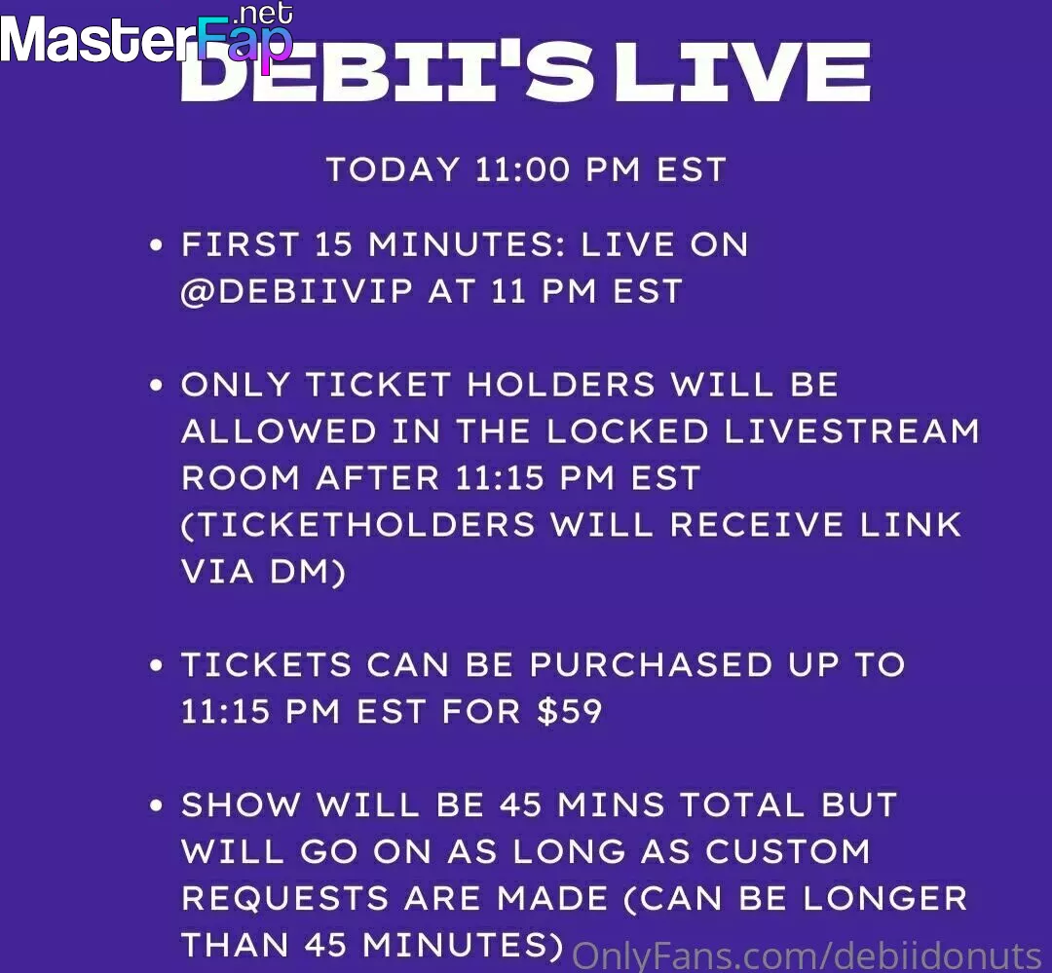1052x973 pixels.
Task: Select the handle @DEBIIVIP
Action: click(x=296, y=292)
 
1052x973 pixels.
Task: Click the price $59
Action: click(x=569, y=711)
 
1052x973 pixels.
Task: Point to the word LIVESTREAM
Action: click(x=851, y=430)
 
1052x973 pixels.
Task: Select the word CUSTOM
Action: click(x=788, y=851)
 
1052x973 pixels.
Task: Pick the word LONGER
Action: click(x=884, y=899)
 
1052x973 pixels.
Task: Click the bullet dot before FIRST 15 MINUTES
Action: click(x=156, y=244)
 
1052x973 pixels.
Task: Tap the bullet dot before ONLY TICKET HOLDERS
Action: click(x=156, y=385)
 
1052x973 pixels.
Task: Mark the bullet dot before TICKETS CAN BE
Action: click(x=156, y=665)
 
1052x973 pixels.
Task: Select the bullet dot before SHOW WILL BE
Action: click(x=156, y=805)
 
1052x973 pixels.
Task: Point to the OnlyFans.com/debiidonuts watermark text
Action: click(x=806, y=955)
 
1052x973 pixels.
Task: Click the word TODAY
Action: click(x=393, y=169)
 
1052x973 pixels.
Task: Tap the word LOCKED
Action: click(x=627, y=430)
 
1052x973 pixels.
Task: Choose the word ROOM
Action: click(x=241, y=478)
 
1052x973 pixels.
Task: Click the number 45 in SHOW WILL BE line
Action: click(x=520, y=805)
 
